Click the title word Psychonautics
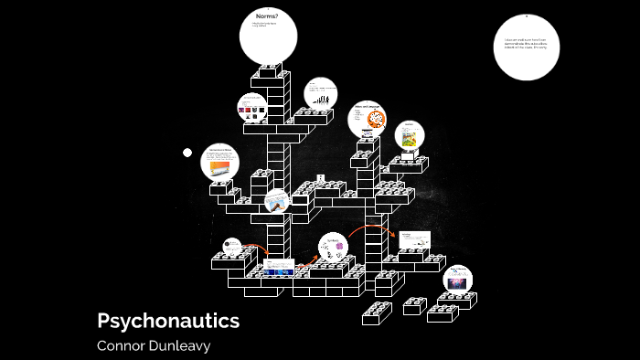168,321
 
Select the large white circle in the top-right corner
526,48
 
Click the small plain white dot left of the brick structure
187,153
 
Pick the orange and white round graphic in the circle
375,118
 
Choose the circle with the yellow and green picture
410,135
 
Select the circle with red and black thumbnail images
252,110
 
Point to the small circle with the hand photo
277,203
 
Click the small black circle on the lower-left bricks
231,248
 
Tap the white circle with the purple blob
334,247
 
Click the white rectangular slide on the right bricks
413,240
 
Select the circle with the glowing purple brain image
458,281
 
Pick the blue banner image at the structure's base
278,271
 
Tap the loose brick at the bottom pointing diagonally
376,313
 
